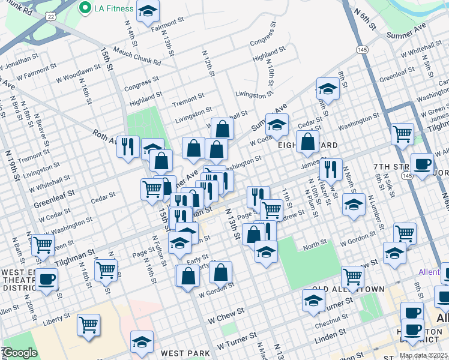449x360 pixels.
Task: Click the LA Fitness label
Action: click(111, 8)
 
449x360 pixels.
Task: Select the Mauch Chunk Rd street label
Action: click(137, 58)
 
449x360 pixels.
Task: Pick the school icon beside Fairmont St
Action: click(147, 11)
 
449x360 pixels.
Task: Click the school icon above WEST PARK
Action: click(142, 343)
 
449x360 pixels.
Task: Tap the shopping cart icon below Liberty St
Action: click(88, 325)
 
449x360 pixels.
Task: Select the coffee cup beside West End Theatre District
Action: click(46, 279)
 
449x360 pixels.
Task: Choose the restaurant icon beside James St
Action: click(330, 170)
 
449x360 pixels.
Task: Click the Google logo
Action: click(20, 353)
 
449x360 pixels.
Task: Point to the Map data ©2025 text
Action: click(423, 355)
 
